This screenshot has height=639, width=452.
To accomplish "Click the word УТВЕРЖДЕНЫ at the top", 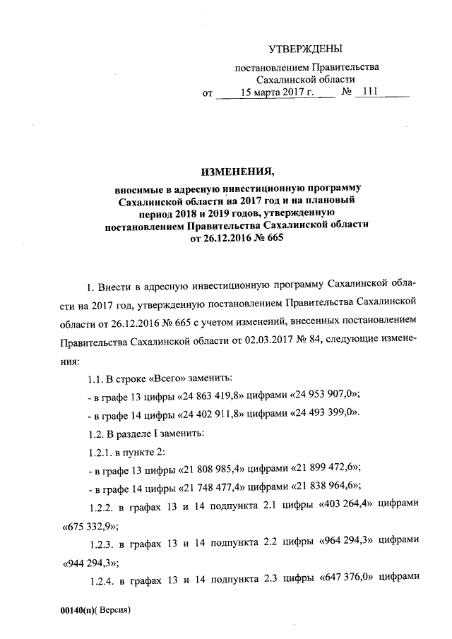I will (306, 48).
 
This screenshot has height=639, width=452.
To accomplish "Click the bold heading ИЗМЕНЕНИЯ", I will (237, 173).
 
